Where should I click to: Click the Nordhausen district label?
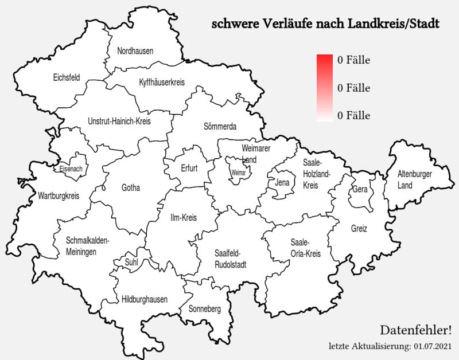coord(135,51)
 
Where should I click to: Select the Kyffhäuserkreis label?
coord(162,83)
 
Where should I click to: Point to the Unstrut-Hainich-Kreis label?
coord(119,122)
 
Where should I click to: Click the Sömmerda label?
coord(220,126)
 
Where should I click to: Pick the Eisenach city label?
coord(71,169)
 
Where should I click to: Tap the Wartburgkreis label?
coord(58,196)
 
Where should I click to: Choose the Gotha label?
coord(130,187)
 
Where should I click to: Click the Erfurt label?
coord(189,169)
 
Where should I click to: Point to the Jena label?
coord(282,183)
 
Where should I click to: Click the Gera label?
coord(360,189)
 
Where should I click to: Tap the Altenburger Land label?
coord(415,179)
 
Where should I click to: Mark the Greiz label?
coord(359,228)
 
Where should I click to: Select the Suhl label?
coord(131,263)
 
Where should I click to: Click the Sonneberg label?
coord(205,309)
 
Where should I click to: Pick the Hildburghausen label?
coord(145,299)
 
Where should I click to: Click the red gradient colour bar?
coord(325,88)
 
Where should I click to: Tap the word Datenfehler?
coord(416,330)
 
